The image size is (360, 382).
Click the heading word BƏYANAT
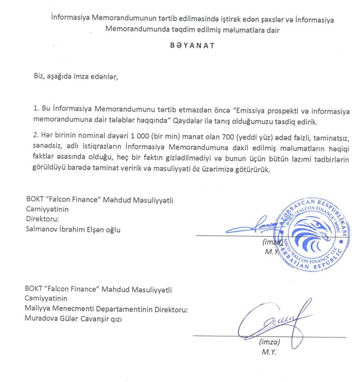[192, 46]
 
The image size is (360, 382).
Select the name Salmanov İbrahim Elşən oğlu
[74, 229]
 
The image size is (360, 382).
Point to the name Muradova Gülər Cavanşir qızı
[78, 317]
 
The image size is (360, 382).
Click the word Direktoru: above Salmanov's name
[43, 219]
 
